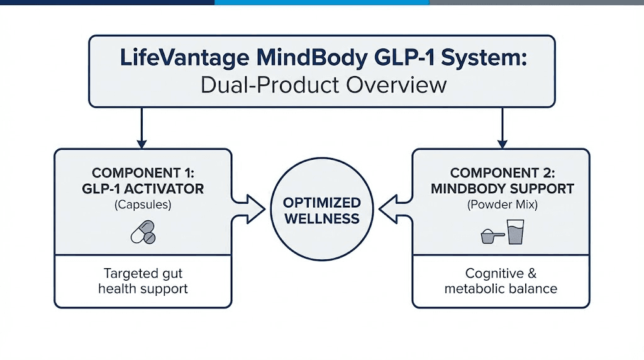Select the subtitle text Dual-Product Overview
click(323, 84)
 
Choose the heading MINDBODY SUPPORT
click(502, 188)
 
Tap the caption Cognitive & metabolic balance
click(501, 281)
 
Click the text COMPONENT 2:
click(502, 172)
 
